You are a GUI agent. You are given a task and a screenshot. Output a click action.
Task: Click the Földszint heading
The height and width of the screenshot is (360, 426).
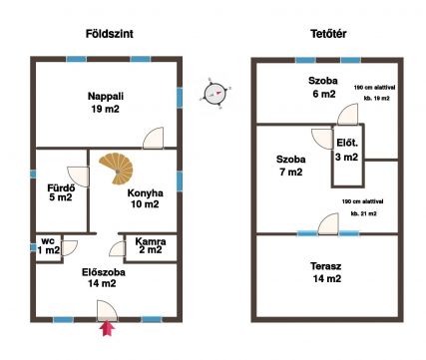coord(110,34)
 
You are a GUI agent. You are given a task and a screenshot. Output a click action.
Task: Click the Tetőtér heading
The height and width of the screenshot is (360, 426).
coord(328,34)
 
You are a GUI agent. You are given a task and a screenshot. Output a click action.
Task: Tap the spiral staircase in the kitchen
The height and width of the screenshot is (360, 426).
coord(117,169)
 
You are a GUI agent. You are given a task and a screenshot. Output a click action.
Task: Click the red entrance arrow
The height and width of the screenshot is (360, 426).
coord(107,328)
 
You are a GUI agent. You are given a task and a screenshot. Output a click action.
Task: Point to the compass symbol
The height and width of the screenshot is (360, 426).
coord(214,93)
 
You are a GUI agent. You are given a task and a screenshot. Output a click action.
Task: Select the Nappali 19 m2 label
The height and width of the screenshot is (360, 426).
coord(106,103)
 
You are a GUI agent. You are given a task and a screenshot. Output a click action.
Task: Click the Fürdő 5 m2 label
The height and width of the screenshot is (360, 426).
coord(61,192)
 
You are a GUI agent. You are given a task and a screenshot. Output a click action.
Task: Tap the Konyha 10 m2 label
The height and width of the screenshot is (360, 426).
coord(145,198)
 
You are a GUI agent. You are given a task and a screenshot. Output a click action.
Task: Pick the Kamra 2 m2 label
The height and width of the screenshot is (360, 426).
coord(151,245)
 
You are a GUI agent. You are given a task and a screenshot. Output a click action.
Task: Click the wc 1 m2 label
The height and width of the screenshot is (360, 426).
coord(49,245)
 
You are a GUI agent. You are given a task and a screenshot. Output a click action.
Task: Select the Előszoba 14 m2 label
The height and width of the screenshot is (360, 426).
coord(104,278)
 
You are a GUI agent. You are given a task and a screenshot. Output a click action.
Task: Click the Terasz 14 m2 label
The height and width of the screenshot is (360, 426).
coord(326,272)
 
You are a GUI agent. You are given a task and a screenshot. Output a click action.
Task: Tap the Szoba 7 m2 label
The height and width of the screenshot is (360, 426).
coord(290,166)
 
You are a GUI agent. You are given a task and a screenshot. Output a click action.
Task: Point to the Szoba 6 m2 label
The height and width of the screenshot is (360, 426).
coord(322,87)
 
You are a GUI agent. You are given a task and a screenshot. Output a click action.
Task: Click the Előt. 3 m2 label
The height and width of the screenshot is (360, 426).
coord(347,151)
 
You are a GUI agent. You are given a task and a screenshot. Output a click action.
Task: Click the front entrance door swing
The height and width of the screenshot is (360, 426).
coord(107,311)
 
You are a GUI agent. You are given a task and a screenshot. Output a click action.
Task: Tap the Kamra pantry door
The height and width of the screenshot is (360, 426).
coord(118,249)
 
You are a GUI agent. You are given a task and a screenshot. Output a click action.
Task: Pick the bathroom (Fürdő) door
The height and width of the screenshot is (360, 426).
coord(79,177)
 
